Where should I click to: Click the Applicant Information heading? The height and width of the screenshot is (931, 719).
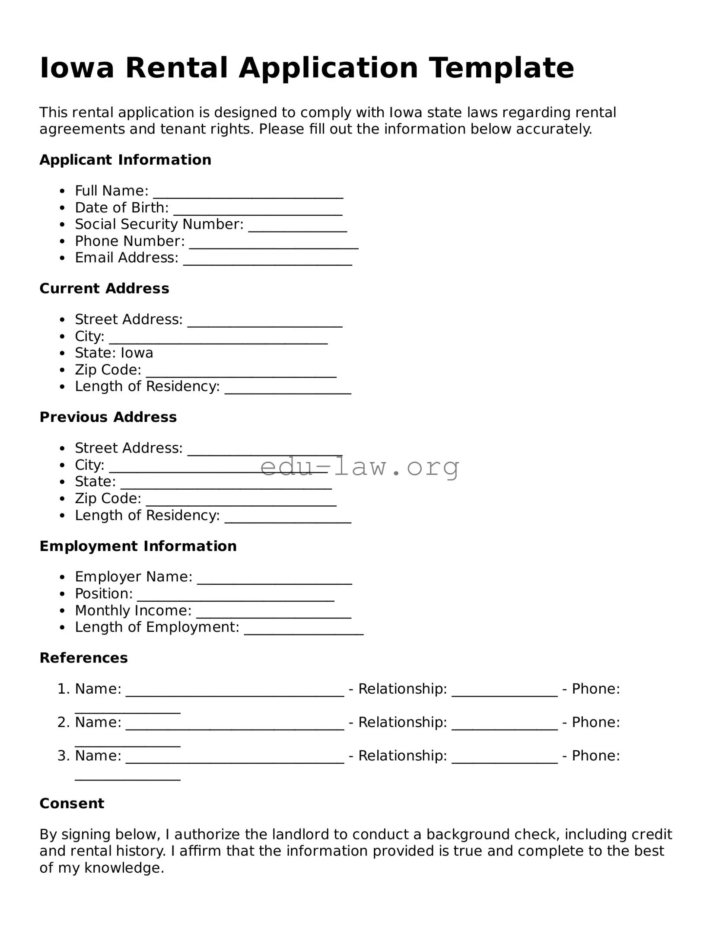tap(125, 160)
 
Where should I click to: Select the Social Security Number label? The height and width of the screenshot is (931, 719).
tap(159, 224)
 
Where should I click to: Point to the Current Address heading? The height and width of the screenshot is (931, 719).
tap(104, 288)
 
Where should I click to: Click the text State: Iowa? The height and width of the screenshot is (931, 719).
tap(114, 353)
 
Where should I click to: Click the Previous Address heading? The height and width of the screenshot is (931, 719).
tap(108, 417)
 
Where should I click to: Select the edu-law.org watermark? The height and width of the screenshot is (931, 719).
tap(359, 467)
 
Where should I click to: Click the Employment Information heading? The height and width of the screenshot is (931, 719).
tap(138, 546)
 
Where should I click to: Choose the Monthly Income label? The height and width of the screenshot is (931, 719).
tap(133, 611)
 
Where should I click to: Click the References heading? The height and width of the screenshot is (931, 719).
tap(83, 658)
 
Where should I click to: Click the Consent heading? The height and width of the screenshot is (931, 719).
tap(72, 803)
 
